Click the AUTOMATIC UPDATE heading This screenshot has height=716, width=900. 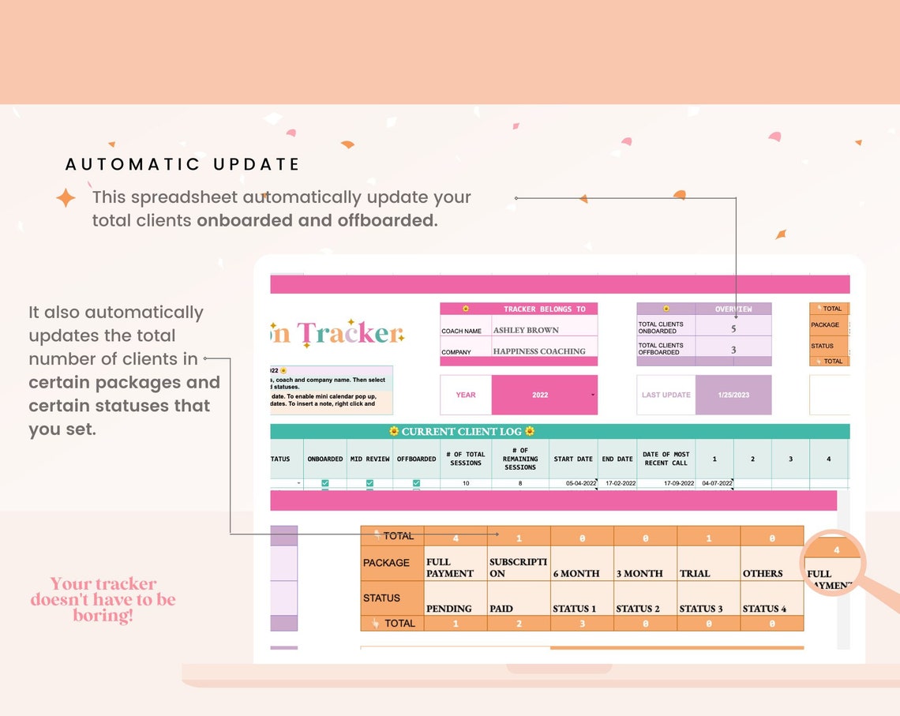182,164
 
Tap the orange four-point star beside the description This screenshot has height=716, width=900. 66,197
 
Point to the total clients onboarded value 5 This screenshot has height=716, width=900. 733,328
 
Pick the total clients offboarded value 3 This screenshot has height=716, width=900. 733,349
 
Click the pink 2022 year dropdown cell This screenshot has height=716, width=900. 543,395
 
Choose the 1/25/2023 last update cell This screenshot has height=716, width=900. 733,395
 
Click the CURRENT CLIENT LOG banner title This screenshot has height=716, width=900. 462,431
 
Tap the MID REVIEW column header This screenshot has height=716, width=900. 369,459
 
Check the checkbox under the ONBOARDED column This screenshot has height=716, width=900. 325,483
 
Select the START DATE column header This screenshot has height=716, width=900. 573,459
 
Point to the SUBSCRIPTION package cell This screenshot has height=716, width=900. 518,568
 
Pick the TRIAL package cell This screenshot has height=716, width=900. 696,573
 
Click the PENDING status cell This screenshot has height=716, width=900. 449,608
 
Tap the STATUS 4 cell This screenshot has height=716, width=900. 764,608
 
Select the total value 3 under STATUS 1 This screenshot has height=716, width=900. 582,624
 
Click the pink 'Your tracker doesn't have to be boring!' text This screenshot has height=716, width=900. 103,599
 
